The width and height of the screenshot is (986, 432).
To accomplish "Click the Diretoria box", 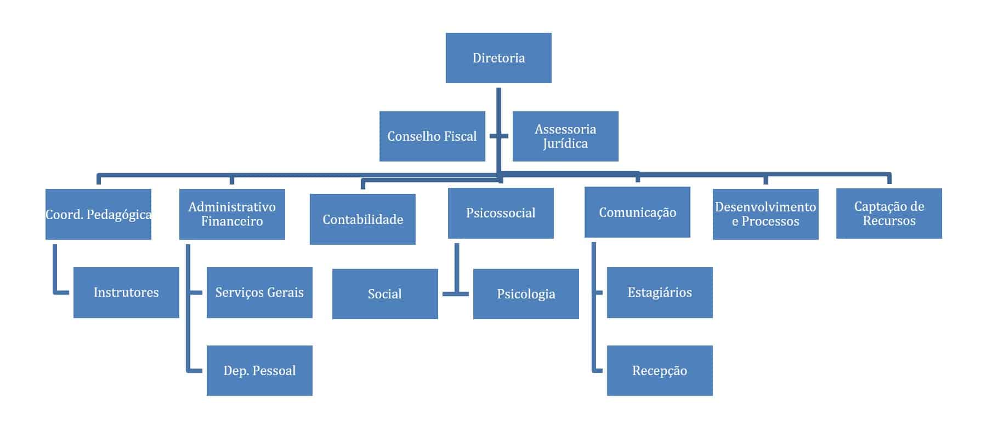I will coord(498,58).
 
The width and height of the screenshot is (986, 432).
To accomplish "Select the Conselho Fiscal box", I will coord(432,136).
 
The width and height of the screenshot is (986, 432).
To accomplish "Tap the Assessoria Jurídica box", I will coord(565,136).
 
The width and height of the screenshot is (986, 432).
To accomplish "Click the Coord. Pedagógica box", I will coord(98,214).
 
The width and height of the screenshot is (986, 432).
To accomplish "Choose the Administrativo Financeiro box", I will coord(232,214).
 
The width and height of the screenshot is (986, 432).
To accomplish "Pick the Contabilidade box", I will coord(362,220).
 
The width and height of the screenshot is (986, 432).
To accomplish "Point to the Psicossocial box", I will coord(501,213).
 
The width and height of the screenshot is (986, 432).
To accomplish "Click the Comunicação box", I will coord(637,212).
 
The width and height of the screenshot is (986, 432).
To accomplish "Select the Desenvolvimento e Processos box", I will coord(766,214).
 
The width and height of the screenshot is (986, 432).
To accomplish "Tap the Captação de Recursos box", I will coord(889,214).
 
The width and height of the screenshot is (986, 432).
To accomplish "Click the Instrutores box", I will coord(126,292).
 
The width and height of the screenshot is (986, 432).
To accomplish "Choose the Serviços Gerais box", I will coord(259,292).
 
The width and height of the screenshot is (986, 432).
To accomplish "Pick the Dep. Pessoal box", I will coord(259,371).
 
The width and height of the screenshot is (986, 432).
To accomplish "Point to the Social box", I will coord(385,294).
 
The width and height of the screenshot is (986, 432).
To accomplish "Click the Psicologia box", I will coord(526,294).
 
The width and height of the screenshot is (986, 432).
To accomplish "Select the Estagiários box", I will coord(660,292).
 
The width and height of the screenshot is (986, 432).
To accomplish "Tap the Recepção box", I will coord(660,371).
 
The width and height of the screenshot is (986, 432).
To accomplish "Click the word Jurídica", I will coord(565,144).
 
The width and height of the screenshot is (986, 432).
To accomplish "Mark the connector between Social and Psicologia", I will coord(456,294).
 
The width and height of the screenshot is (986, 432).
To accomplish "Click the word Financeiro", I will coord(232,222).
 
